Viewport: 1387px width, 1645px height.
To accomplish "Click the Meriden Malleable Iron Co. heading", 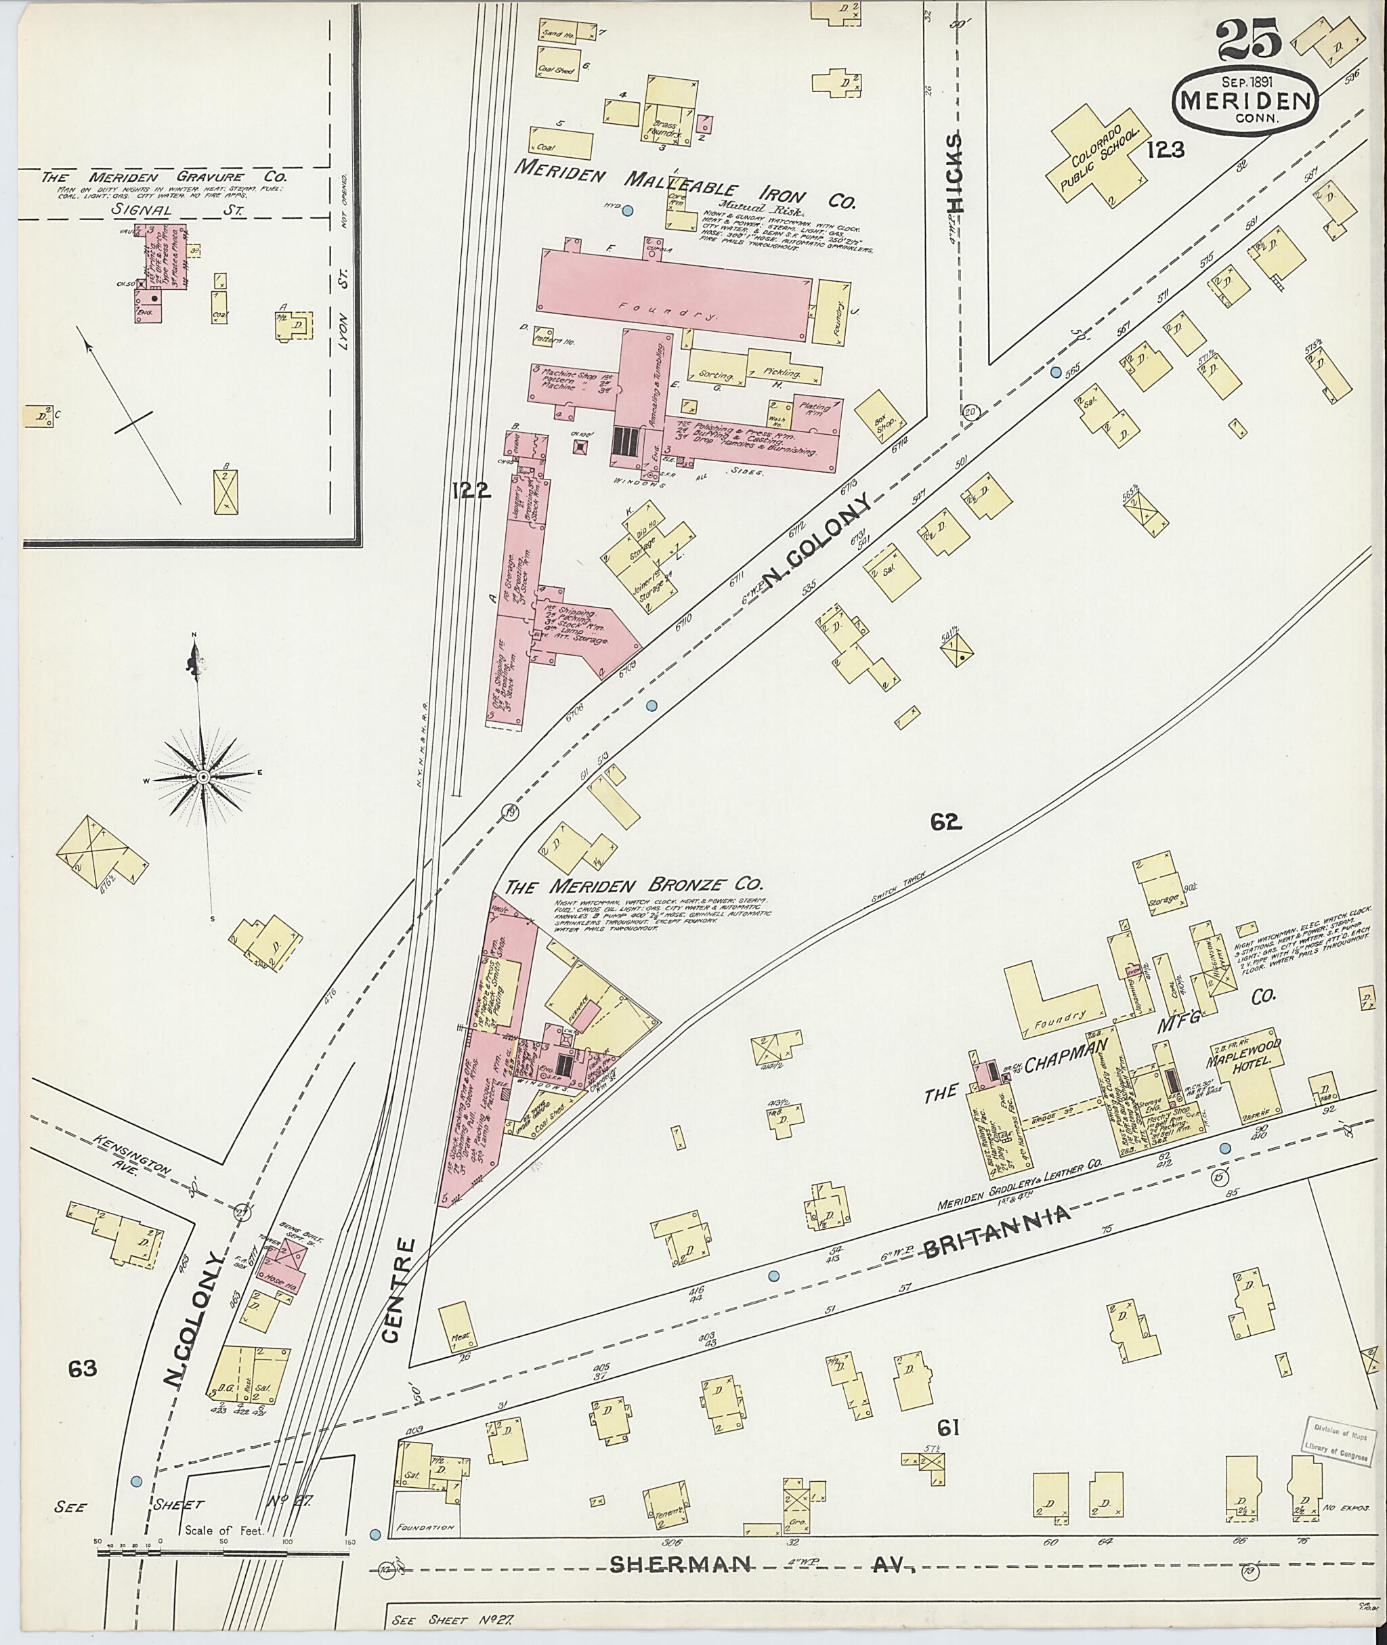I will (x=684, y=186).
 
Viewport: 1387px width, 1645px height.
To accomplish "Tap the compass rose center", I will (x=203, y=777).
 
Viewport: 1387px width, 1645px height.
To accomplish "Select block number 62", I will (x=946, y=822).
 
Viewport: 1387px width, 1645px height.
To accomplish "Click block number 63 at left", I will (x=82, y=1369).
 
